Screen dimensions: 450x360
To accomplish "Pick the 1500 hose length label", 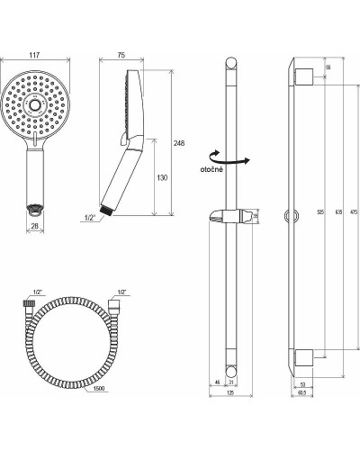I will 101,389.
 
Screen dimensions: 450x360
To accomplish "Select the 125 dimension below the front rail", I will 231,392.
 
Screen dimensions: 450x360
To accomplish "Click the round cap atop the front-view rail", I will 232,64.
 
